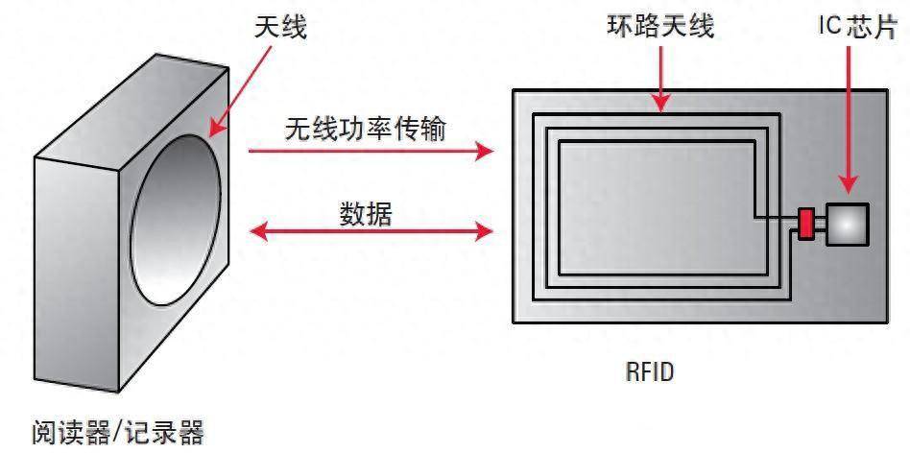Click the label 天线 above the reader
(x=279, y=28)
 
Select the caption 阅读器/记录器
(x=117, y=432)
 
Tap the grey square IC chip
(x=848, y=224)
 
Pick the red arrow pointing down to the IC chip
(x=848, y=115)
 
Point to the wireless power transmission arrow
(x=371, y=151)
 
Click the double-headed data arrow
(x=371, y=231)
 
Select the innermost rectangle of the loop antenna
(x=653, y=206)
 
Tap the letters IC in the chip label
(x=829, y=27)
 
